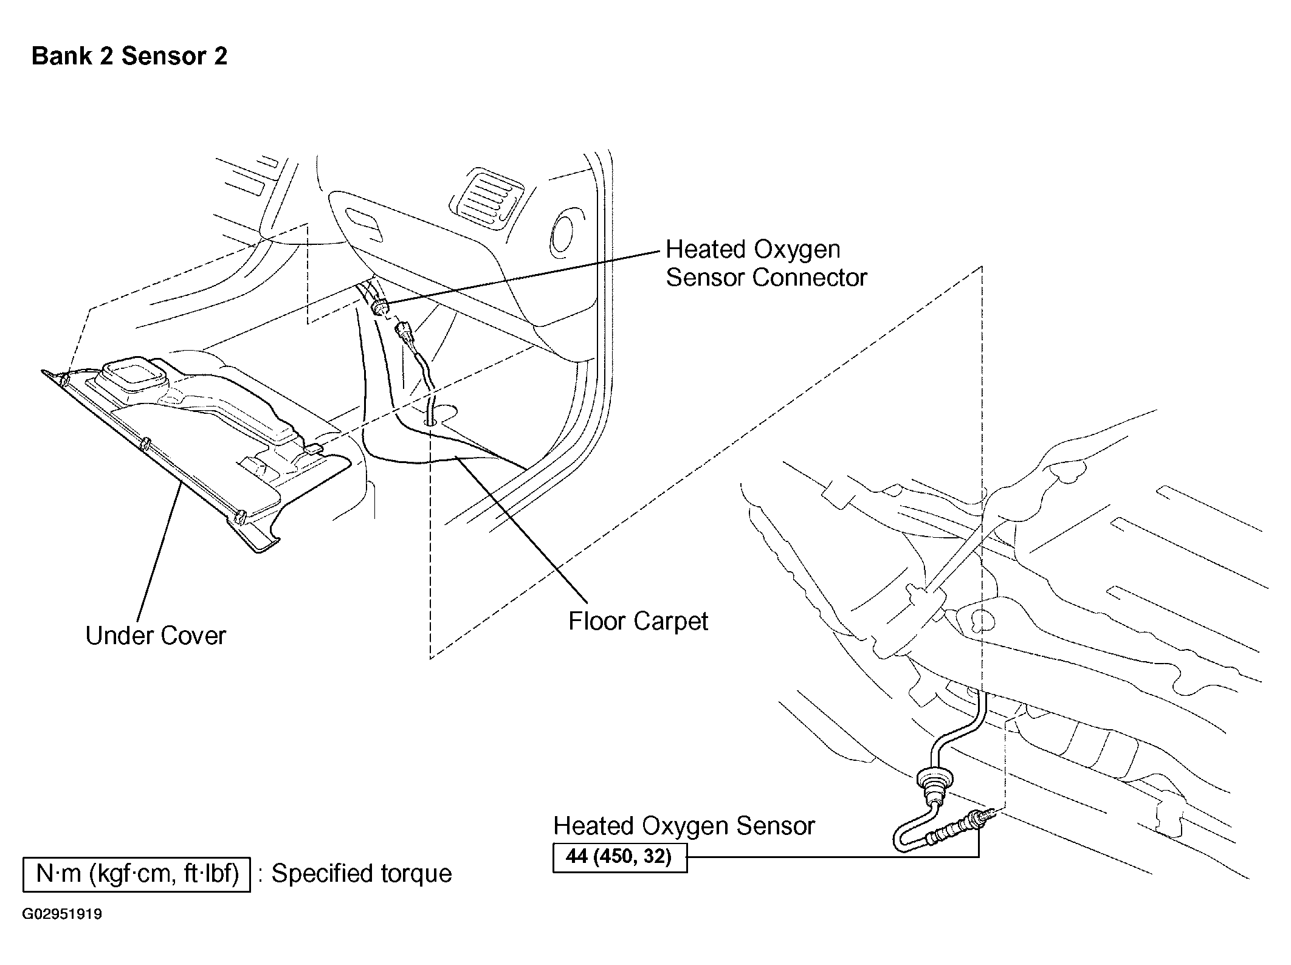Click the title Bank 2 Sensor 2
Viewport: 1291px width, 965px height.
[129, 56]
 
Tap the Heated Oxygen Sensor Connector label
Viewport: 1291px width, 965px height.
[766, 263]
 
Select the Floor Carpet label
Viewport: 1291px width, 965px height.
[638, 621]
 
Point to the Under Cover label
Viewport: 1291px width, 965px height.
[156, 636]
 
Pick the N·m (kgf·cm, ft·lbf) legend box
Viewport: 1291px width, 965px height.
[137, 874]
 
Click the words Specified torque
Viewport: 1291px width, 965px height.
[362, 874]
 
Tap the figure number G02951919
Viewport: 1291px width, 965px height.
[63, 915]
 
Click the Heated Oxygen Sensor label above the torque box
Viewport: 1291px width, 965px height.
[684, 826]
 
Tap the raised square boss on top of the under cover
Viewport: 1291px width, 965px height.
[133, 377]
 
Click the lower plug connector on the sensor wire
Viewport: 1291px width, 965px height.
[404, 334]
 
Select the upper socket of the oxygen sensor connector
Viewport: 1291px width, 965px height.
[379, 306]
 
